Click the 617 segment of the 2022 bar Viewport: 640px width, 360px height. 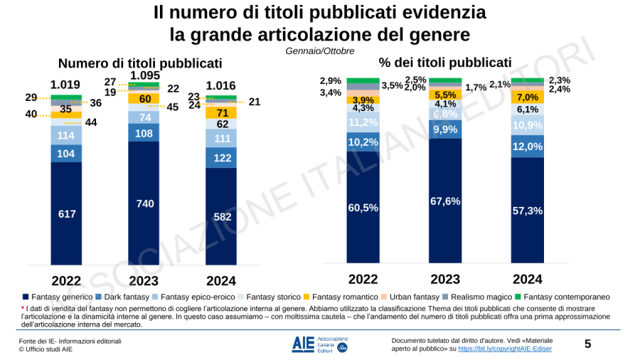point(66,213)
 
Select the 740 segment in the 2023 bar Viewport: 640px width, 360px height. point(144,203)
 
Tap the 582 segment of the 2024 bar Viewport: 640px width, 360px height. point(222,216)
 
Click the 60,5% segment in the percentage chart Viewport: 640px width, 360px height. point(363,208)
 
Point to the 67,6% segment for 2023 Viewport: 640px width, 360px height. point(444,201)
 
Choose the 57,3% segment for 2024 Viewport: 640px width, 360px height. point(527,211)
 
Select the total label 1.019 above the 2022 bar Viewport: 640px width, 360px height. point(65,85)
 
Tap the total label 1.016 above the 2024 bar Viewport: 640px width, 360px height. point(221,85)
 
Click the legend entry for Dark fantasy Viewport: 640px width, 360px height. point(125,296)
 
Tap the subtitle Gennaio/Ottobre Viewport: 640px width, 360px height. point(319,51)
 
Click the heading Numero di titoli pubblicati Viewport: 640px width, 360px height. point(140,63)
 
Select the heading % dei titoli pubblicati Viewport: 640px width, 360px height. point(444,62)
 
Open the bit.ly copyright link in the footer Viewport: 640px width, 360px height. point(504,349)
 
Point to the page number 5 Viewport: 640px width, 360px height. point(587,344)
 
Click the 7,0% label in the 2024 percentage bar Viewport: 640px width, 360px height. point(527,97)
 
